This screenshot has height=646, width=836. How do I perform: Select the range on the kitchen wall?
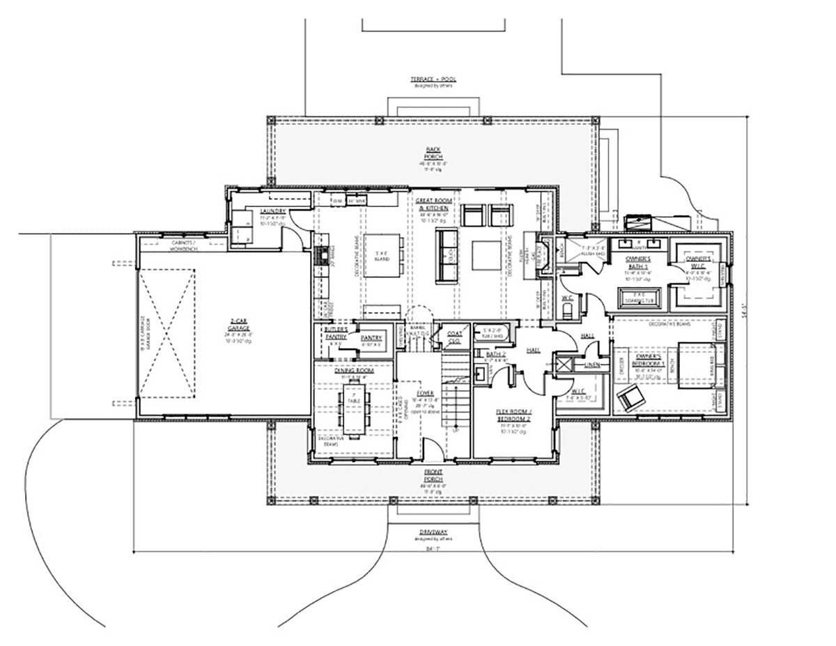pos(322,255)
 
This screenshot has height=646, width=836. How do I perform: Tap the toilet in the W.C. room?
pos(567,307)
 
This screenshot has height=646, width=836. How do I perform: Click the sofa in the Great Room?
pos(443,255)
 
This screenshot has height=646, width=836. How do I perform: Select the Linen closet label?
pos(592,364)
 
